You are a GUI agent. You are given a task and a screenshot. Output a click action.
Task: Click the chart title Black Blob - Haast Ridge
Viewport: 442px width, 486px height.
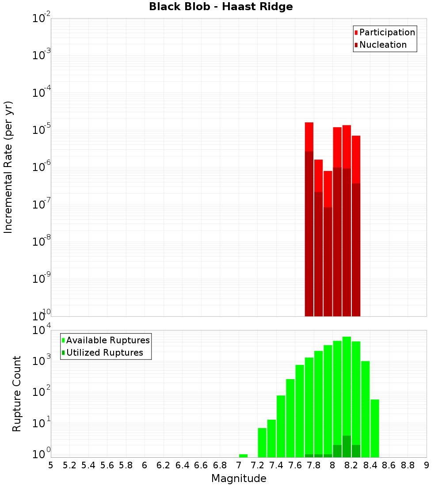pyautogui.click(x=221, y=7)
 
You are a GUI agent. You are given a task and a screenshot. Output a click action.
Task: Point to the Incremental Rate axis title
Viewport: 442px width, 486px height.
pyautogui.click(x=8, y=167)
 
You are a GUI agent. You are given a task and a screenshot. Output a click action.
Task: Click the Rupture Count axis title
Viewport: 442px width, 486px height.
pyautogui.click(x=17, y=394)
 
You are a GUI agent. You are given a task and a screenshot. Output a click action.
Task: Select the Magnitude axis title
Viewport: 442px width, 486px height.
pyautogui.click(x=239, y=478)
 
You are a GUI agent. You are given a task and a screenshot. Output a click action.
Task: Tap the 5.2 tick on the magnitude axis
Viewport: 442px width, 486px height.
pyautogui.click(x=69, y=465)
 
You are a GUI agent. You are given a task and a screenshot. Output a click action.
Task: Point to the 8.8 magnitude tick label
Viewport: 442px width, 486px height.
pyautogui.click(x=408, y=465)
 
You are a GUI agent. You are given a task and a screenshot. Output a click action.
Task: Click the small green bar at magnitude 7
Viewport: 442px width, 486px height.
pyautogui.click(x=243, y=456)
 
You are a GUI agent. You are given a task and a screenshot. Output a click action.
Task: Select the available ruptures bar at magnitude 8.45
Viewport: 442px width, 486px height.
pyautogui.click(x=375, y=428)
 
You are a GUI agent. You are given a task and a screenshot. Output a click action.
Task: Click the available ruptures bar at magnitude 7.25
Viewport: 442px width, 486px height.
pyautogui.click(x=262, y=442)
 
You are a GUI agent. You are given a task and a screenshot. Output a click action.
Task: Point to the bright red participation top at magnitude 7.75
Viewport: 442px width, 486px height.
pyautogui.click(x=309, y=136)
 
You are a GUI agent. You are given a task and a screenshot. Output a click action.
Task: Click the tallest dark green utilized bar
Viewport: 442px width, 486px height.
pyautogui.click(x=347, y=446)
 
